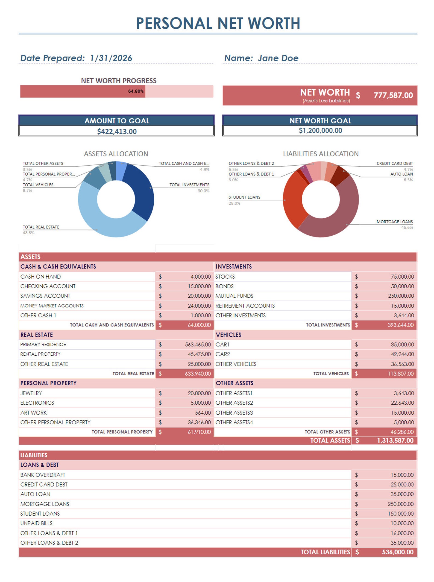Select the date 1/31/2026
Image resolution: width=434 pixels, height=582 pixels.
click(111, 58)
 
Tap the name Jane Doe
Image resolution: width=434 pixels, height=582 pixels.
click(278, 58)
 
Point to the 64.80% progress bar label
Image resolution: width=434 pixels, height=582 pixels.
click(136, 91)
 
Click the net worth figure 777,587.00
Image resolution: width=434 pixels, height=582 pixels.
click(393, 95)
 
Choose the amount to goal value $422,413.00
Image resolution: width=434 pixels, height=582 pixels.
click(117, 131)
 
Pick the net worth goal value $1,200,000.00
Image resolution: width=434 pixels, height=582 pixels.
click(320, 130)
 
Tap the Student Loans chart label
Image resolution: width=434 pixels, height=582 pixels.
click(244, 197)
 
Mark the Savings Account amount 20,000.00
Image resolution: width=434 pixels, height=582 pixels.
click(199, 296)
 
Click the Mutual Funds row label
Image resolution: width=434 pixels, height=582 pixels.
click(234, 296)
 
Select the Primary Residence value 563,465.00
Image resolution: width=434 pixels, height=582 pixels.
click(198, 344)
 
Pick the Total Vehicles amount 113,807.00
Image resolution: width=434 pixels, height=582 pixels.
click(400, 373)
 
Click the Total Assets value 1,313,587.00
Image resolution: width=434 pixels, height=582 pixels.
click(395, 440)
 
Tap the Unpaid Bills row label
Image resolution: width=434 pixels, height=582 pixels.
click(36, 523)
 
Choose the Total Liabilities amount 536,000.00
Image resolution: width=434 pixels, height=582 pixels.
click(397, 552)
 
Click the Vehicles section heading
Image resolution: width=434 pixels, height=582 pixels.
click(228, 335)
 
